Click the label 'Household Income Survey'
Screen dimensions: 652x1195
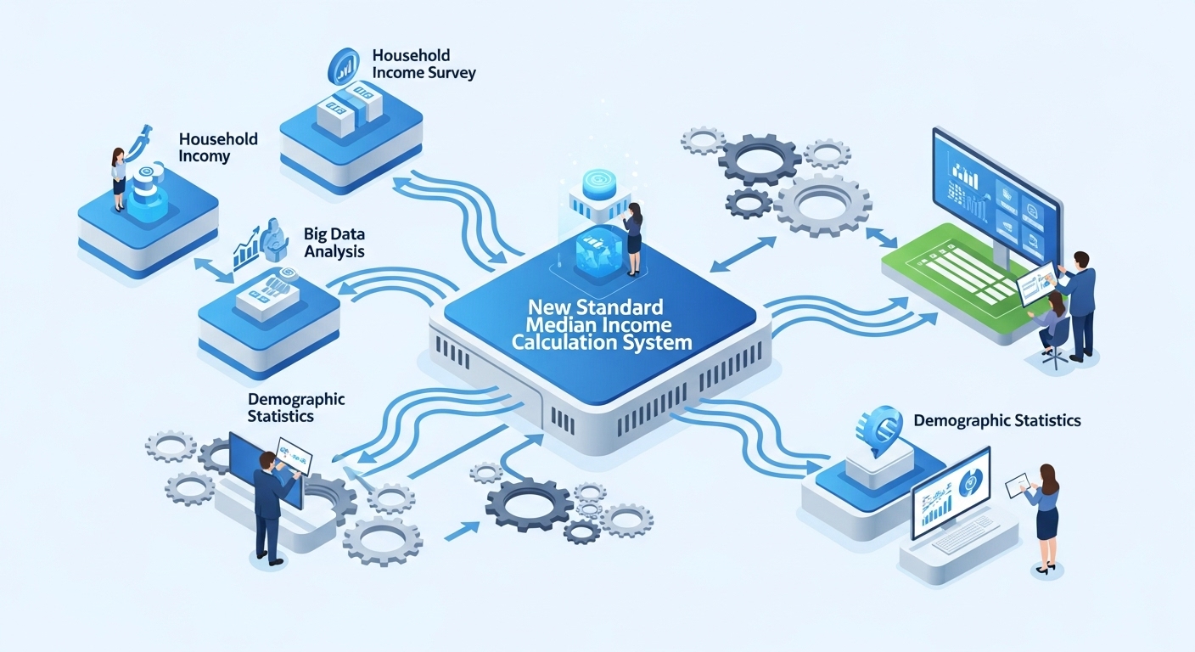(424, 64)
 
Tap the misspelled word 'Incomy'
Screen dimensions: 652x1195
(204, 156)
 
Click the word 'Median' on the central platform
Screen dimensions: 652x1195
(561, 325)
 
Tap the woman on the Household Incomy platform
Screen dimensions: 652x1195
(118, 178)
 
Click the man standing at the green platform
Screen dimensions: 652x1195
(1078, 301)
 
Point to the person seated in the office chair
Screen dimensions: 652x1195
(1053, 327)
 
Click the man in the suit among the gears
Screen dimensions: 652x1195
(269, 505)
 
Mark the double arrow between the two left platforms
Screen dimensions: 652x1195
(213, 271)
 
